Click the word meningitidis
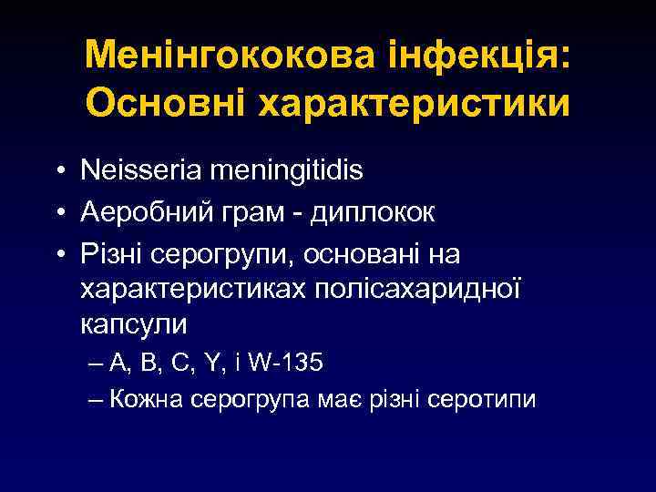287,169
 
